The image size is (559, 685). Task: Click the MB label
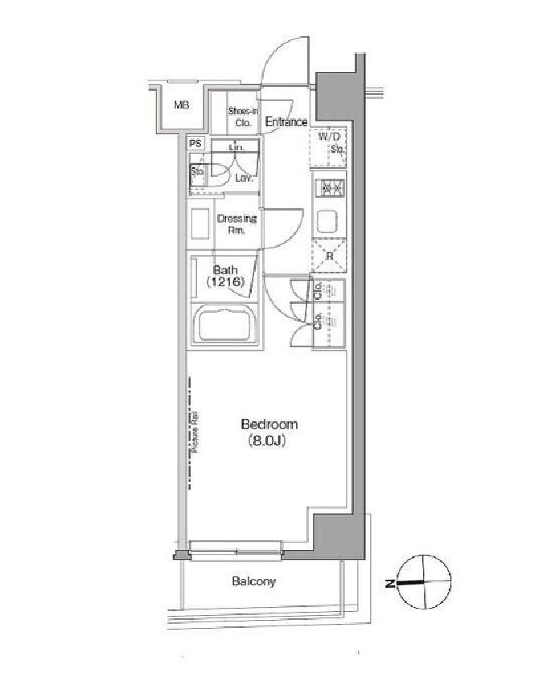pyautogui.click(x=183, y=105)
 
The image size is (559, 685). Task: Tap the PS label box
pyautogui.click(x=196, y=144)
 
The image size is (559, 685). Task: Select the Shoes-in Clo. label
pyautogui.click(x=242, y=117)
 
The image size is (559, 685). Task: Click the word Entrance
pyautogui.click(x=286, y=122)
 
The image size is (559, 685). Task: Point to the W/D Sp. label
pyautogui.click(x=331, y=142)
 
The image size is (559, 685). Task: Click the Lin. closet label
pyautogui.click(x=236, y=149)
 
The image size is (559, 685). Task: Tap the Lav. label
pyautogui.click(x=245, y=178)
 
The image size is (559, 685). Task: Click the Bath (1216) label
pyautogui.click(x=224, y=276)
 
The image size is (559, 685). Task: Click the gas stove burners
pyautogui.click(x=330, y=188)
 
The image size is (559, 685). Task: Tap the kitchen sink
pyautogui.click(x=328, y=220)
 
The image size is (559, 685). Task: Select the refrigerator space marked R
pyautogui.click(x=328, y=256)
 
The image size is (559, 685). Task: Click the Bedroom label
pyautogui.click(x=269, y=424)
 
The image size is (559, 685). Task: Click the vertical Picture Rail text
pyautogui.click(x=195, y=434)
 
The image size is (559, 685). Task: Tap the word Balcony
pyautogui.click(x=254, y=581)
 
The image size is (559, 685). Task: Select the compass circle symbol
pyautogui.click(x=425, y=581)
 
